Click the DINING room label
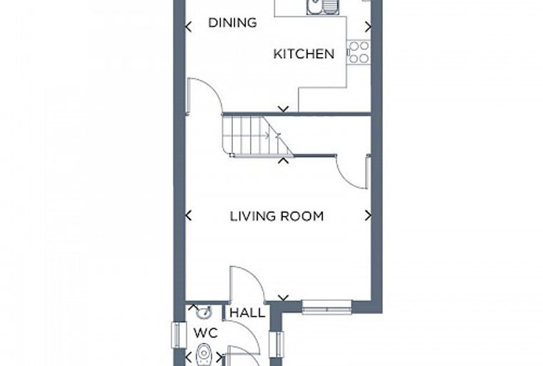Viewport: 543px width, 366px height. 232,23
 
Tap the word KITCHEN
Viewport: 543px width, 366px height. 304,54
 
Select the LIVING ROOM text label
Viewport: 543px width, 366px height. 277,217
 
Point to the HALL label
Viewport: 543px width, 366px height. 247,313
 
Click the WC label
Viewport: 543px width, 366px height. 206,333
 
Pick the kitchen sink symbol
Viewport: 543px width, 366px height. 324,7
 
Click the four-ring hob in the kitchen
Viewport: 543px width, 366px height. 359,52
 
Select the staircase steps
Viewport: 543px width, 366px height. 257,137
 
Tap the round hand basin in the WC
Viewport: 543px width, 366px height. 204,312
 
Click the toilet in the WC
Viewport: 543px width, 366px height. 204,355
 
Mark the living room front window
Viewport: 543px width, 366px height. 327,307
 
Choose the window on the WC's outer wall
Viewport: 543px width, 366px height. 176,335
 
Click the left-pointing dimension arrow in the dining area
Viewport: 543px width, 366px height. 189,26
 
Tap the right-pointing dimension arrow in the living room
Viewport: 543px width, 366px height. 368,216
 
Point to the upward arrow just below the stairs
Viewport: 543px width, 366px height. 284,160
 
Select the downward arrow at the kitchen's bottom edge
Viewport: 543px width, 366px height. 284,109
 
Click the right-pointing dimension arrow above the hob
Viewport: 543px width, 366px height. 368,26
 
